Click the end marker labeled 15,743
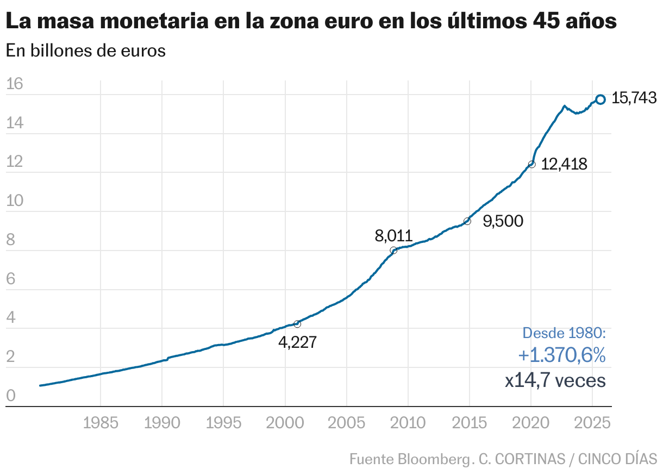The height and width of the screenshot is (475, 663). [600, 99]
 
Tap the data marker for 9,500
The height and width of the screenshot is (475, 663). [467, 221]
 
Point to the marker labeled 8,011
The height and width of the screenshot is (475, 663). [393, 251]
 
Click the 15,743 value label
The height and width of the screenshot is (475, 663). [634, 98]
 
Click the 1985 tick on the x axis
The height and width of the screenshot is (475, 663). [101, 423]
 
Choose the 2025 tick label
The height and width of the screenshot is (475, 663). [592, 423]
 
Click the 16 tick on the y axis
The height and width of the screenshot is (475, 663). [15, 84]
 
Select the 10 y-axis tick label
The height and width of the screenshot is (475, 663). [15, 201]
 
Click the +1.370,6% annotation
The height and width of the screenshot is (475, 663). [561, 355]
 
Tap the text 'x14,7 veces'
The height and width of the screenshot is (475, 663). [555, 380]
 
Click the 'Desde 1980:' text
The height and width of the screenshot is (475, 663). [564, 333]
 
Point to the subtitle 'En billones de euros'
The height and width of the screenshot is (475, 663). [85, 51]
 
